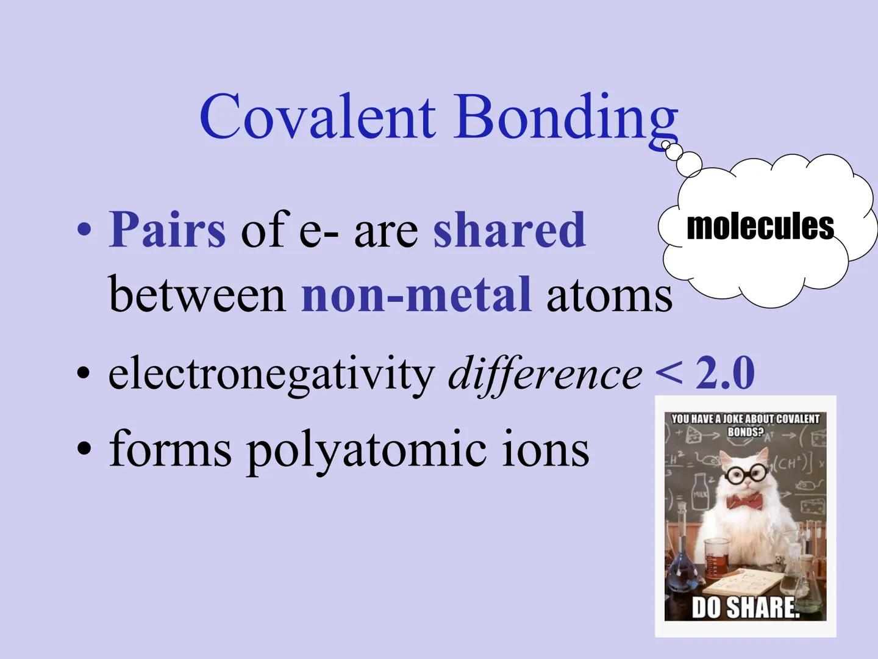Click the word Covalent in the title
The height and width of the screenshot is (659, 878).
click(x=317, y=116)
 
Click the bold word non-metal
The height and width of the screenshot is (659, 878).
click(x=416, y=294)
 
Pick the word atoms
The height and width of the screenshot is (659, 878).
click(x=609, y=294)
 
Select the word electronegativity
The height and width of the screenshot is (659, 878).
click(x=271, y=373)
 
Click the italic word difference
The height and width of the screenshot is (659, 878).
click(x=544, y=373)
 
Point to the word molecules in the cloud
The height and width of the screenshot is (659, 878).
click(x=760, y=226)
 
